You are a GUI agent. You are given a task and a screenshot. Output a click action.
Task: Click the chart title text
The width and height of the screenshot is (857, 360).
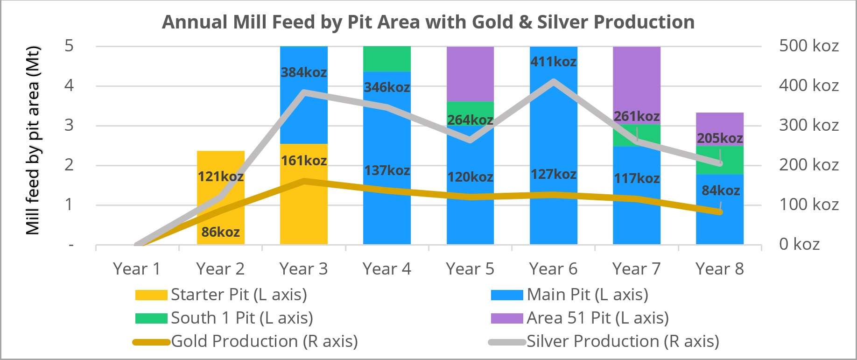point(428,22)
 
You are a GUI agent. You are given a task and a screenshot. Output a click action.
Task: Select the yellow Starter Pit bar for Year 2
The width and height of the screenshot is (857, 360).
point(220,205)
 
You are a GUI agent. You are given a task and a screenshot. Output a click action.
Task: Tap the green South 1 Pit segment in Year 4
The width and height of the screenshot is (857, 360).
point(386,58)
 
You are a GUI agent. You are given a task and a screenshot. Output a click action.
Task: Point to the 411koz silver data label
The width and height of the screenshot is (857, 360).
point(553,62)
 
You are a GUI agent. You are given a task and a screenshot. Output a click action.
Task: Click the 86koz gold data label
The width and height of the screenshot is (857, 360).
point(220,232)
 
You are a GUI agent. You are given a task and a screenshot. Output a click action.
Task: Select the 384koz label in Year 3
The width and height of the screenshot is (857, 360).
point(303,72)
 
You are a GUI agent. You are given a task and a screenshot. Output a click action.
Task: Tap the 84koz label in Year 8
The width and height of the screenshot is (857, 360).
point(721,191)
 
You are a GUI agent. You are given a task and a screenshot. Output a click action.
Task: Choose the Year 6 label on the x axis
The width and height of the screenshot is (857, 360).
point(553,269)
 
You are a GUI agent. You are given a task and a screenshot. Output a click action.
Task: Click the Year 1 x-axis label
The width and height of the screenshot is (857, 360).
point(137,269)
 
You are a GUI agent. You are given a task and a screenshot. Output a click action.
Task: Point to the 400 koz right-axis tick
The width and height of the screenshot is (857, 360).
point(808,85)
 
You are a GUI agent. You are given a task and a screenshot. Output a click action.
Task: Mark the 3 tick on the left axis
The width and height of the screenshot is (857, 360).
point(69,125)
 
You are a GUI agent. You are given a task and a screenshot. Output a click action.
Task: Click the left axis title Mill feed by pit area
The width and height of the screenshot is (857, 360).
point(33,140)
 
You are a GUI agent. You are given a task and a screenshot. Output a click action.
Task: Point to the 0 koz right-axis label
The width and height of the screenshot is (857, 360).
point(799,244)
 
